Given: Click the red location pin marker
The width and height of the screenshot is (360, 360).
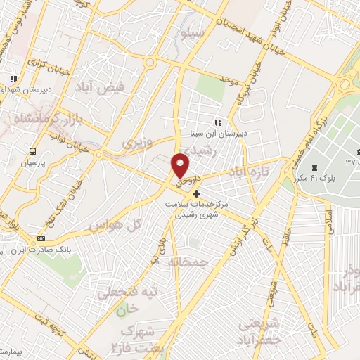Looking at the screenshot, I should (x=181, y=166).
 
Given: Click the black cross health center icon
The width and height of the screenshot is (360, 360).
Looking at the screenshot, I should (x=196, y=193).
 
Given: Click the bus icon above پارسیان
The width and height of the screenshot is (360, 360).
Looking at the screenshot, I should (x=32, y=151).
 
